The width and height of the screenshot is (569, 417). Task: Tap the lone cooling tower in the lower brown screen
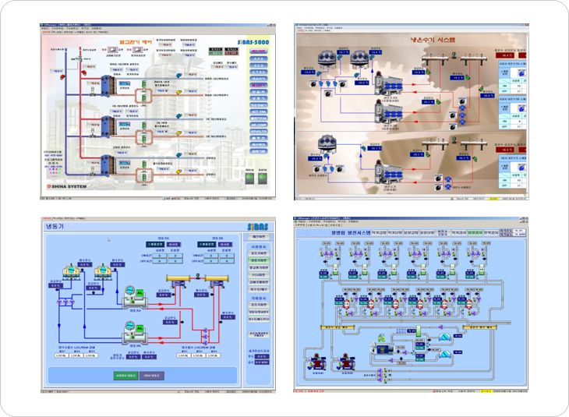point(327,147)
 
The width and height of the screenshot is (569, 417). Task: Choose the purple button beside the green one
point(152,376)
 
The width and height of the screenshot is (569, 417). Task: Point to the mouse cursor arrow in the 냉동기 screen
point(108,239)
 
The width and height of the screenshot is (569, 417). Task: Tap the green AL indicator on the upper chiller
point(140,292)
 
